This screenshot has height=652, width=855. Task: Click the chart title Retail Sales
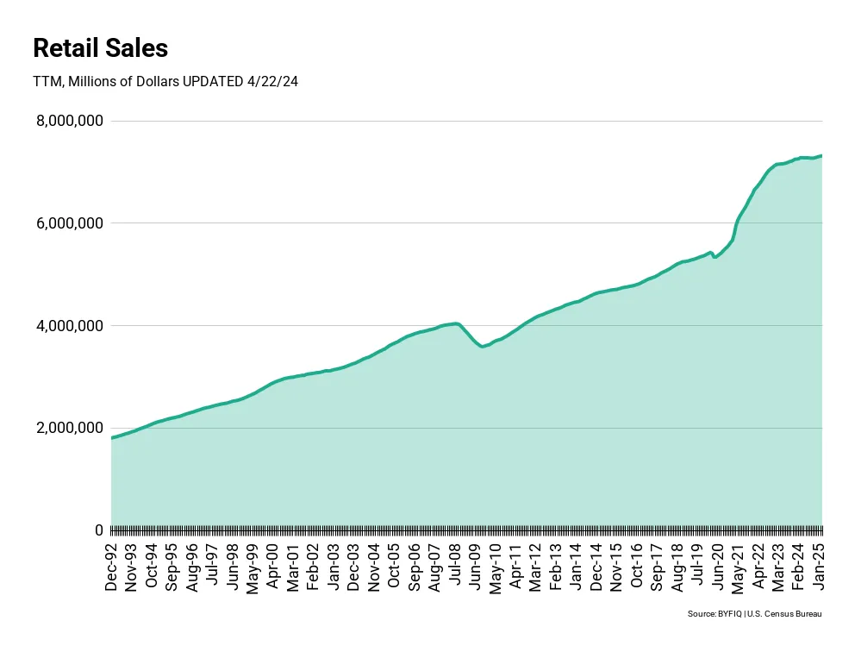[100, 48]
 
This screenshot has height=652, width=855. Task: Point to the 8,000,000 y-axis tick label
[70, 122]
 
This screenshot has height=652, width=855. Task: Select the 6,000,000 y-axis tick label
[70, 223]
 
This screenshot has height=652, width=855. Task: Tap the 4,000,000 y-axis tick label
[70, 326]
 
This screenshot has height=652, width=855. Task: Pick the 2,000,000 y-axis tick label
[70, 429]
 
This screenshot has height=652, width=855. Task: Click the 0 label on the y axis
[98, 530]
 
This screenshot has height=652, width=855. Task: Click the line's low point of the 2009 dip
[483, 347]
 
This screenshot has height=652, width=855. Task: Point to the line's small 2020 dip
[715, 257]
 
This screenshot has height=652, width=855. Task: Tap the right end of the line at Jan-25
[821, 155]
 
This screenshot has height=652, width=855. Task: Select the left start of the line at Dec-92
[112, 438]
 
